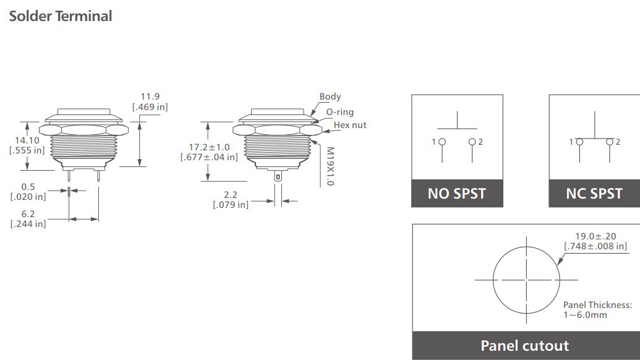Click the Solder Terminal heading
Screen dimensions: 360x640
(61, 16)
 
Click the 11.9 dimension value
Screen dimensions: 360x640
(150, 96)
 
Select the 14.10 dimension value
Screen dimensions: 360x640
(28, 140)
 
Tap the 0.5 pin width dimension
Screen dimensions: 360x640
(28, 186)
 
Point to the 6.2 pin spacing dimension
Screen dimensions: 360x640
(28, 213)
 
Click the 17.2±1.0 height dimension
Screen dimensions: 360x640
(209, 147)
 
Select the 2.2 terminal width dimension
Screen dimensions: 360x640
(231, 194)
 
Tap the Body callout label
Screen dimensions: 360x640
(330, 96)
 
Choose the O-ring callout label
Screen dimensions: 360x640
(339, 112)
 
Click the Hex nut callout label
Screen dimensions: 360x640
(350, 125)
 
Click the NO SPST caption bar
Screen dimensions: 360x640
(457, 194)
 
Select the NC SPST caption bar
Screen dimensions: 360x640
(594, 194)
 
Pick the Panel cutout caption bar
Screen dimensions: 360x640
(525, 345)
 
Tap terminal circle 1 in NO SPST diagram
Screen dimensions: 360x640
(442, 142)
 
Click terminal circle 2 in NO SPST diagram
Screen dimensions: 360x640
(472, 142)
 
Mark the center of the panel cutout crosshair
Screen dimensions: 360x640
(526, 280)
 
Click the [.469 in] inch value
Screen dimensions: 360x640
(150, 107)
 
